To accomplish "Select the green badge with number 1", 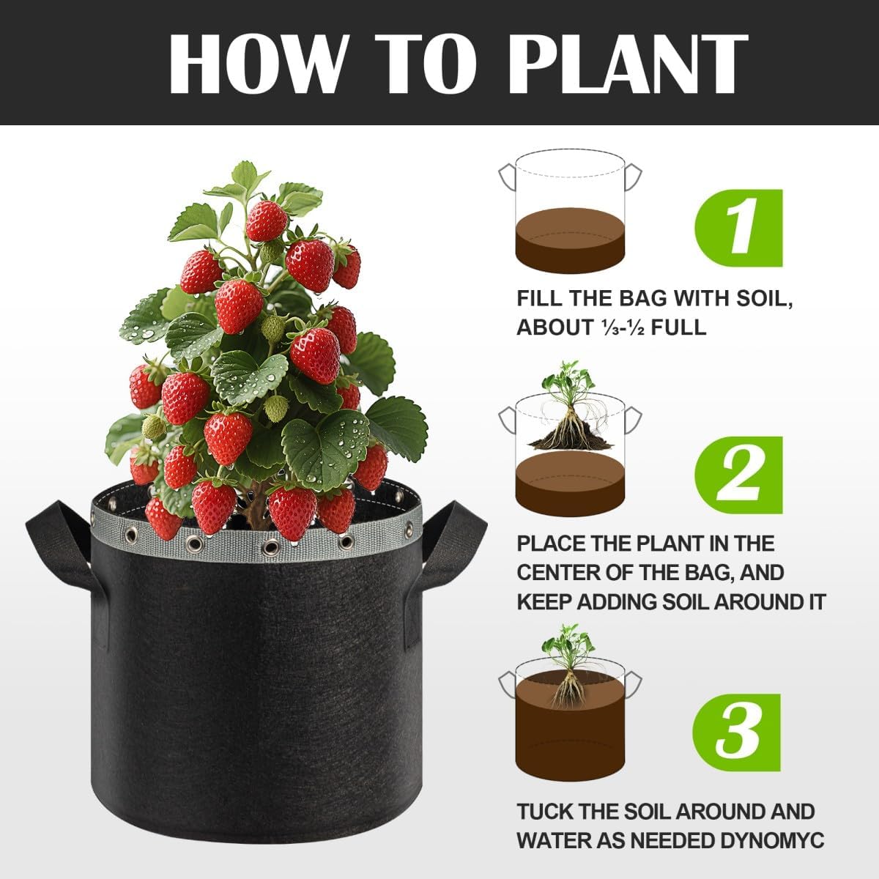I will [738, 228].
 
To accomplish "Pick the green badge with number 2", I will [738, 475].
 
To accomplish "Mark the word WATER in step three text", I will [554, 840].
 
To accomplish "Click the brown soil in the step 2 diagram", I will [571, 483].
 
